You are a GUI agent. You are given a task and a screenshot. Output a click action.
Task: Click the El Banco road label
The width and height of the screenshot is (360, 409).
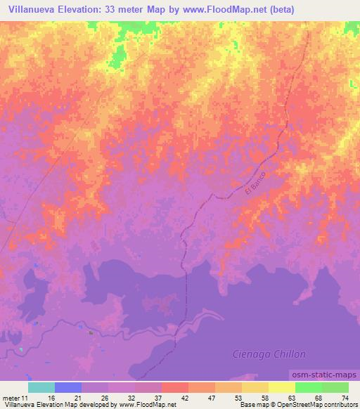257,183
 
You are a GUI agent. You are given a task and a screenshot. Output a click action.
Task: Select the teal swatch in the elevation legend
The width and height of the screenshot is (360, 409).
41,387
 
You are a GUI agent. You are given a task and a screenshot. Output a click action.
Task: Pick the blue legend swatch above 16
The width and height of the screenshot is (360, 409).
68,387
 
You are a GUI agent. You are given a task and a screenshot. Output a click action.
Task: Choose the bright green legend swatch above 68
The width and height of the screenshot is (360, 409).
308,387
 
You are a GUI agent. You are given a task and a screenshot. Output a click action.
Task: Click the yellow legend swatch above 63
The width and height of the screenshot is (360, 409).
281,387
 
